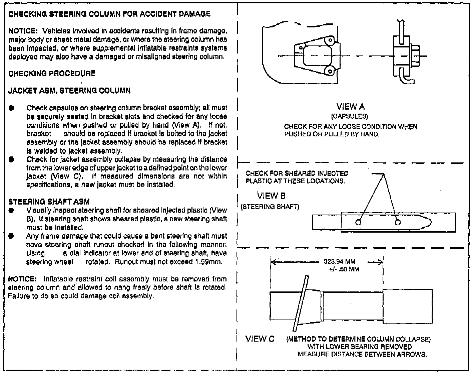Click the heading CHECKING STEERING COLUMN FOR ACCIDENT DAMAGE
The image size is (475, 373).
[109, 14]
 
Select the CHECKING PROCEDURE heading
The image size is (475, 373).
[52, 73]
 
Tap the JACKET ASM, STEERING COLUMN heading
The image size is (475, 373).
[69, 91]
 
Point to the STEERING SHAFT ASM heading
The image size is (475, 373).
[49, 202]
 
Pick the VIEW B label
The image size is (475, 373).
[271, 196]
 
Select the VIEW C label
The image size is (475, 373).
[260, 339]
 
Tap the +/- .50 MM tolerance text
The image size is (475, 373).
[344, 269]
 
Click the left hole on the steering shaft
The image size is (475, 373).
[358, 223]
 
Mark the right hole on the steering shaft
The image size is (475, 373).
[398, 223]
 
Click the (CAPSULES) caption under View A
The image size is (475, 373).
[350, 117]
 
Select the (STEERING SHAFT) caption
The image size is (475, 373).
[270, 207]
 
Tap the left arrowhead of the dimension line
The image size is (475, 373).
[273, 262]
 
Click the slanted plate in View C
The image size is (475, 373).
[300, 302]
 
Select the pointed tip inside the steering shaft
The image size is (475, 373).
[430, 223]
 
